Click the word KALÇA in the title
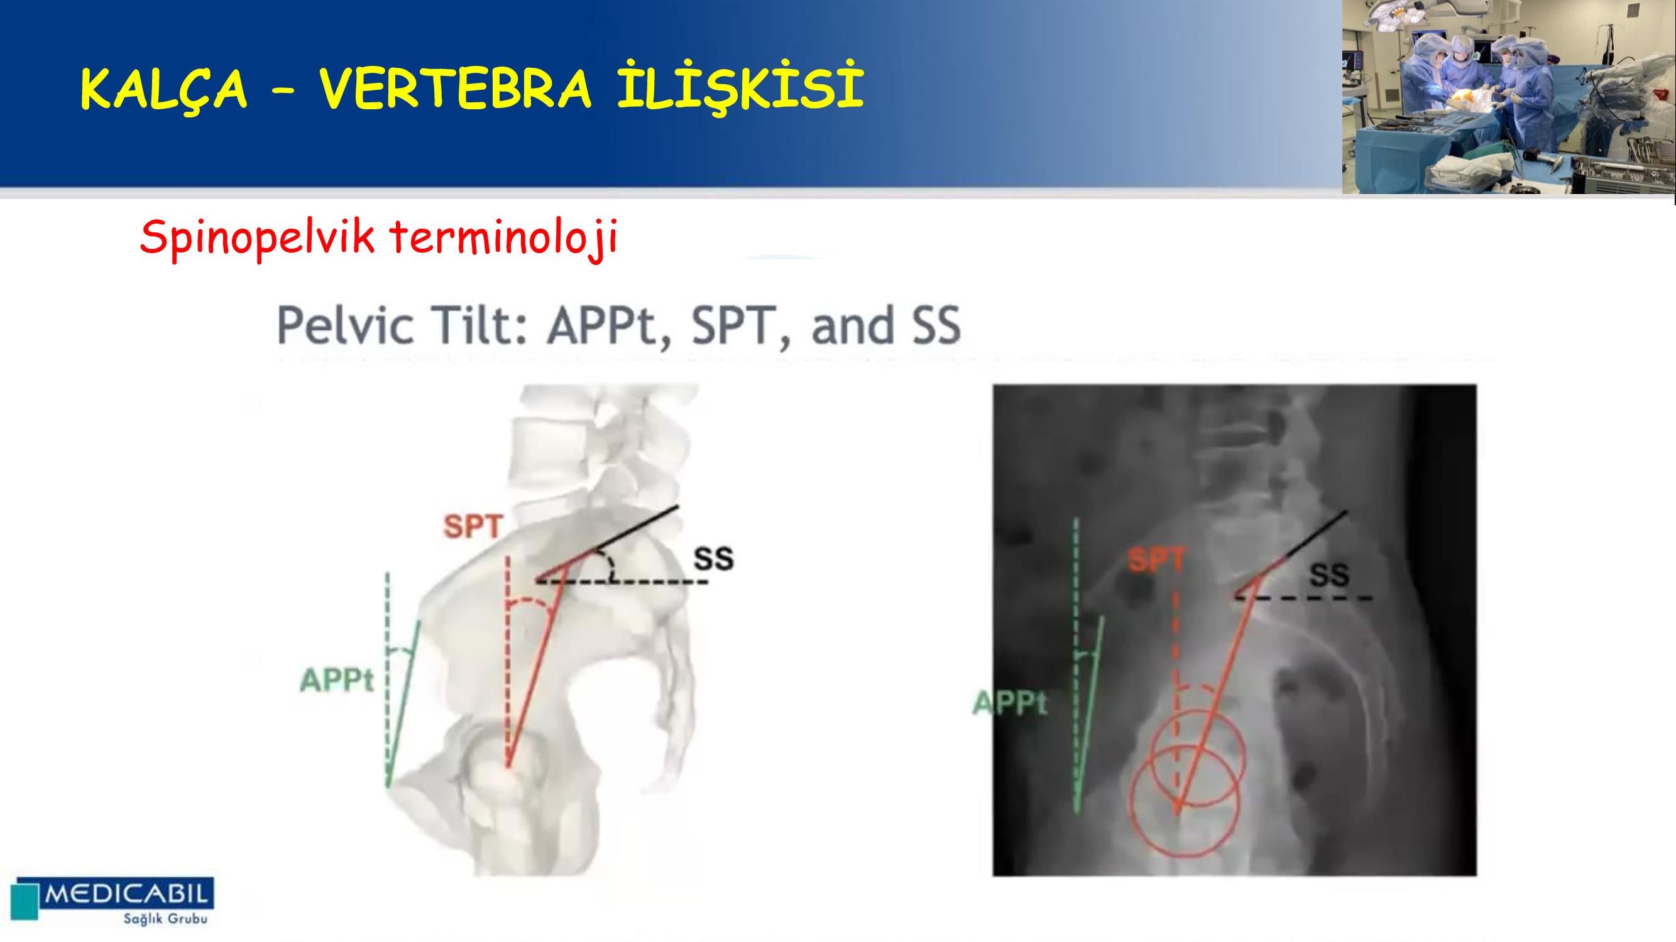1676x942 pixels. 164,90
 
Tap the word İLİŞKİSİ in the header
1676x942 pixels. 740,87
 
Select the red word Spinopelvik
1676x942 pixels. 257,238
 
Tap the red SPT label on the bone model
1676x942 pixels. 473,526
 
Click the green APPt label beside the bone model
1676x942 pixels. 336,680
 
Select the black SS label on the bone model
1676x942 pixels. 714,558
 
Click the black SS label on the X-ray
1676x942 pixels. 1329,575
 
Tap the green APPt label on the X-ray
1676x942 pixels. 1010,703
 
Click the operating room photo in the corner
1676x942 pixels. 1508,97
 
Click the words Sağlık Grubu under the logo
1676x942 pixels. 166,919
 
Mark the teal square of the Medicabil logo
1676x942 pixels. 25,901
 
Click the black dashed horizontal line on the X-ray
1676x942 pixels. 1304,597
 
